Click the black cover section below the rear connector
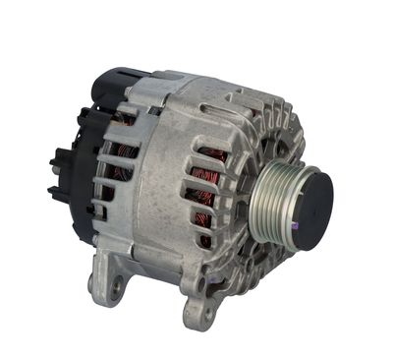[84, 211]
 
